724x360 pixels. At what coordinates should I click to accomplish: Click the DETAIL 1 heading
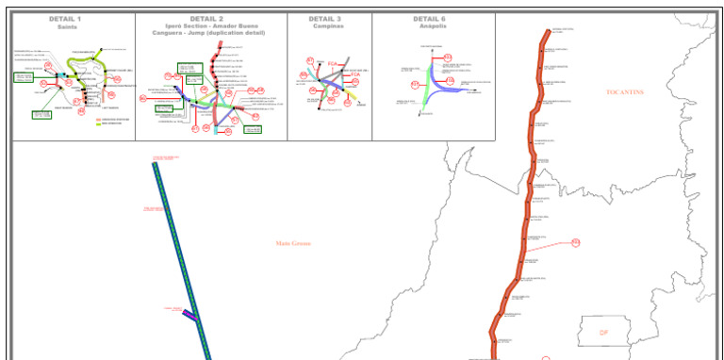tap(65, 19)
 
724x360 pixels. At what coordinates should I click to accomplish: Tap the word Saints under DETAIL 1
tap(65, 27)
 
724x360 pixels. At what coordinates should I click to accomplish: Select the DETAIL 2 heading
tap(206, 19)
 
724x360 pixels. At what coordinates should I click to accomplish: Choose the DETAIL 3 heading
tap(325, 19)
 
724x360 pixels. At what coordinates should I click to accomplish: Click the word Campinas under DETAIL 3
tap(325, 26)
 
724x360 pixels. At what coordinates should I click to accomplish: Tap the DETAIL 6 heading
tap(430, 19)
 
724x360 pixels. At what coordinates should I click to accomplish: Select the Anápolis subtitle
tap(430, 26)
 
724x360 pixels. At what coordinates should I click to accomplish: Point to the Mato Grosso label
tap(293, 243)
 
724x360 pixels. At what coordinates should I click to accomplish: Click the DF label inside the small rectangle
tap(604, 333)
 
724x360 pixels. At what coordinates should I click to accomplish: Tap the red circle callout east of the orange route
tap(575, 243)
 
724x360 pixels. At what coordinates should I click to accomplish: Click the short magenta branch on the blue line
tap(189, 316)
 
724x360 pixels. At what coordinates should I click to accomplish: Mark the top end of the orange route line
tap(547, 31)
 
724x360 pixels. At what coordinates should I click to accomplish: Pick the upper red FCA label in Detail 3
tap(332, 64)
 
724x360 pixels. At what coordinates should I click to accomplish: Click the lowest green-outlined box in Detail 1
tap(41, 114)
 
